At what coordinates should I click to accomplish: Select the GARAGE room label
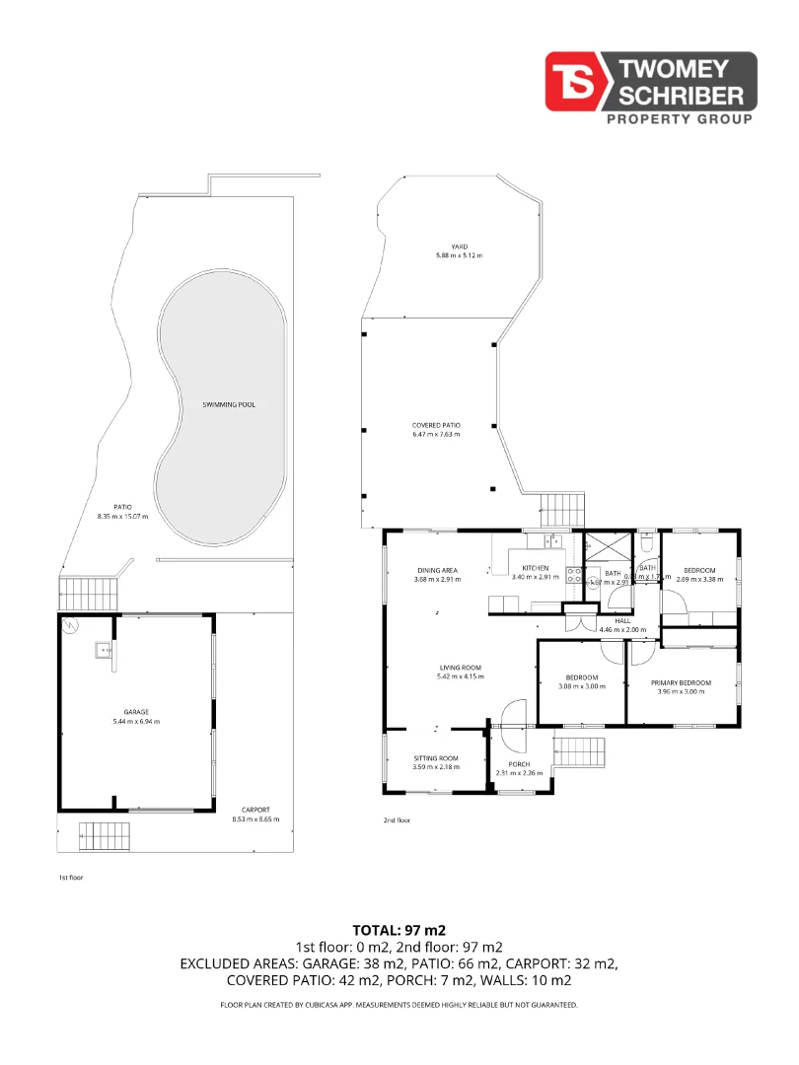[137, 711]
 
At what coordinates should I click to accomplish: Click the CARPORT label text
[255, 810]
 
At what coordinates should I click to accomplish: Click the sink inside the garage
[103, 649]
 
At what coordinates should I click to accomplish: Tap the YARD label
[459, 247]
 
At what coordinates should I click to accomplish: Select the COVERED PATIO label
[436, 426]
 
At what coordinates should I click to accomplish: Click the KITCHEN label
[535, 569]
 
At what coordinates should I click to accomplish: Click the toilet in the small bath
[646, 542]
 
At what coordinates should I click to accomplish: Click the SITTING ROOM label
[436, 758]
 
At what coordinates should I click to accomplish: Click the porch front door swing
[515, 714]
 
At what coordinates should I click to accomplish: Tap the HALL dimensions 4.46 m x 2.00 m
[622, 628]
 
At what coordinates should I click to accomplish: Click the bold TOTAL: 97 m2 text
[399, 930]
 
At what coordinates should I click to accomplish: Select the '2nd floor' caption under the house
[397, 820]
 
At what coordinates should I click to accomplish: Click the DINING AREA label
[436, 570]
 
